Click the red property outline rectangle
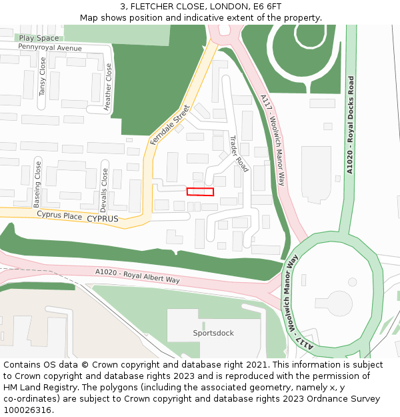coord(200,191)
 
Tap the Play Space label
coord(39,39)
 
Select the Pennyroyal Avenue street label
coord(50,48)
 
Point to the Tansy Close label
coord(43,76)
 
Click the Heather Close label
coord(108,86)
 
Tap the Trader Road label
coord(238,153)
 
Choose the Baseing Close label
coord(37,183)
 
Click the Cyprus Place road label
coord(59,216)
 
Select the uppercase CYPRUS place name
coord(103,219)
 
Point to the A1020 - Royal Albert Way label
coord(137,276)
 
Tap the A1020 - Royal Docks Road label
coord(350,125)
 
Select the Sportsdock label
coord(213,333)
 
